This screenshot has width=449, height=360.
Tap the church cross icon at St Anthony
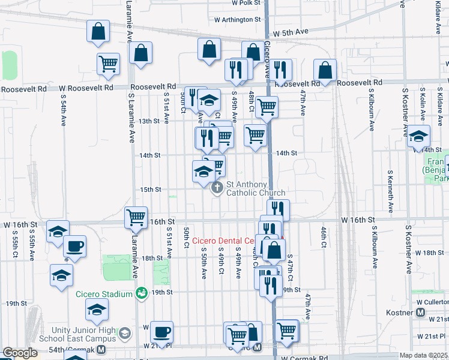(x=217, y=188)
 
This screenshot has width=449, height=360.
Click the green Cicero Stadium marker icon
(x=142, y=293)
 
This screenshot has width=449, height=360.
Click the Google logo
(x=20, y=353)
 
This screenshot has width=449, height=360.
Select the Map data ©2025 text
(x=423, y=355)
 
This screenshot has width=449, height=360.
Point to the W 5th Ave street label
(x=290, y=32)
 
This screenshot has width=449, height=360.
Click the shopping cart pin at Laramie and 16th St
(x=136, y=217)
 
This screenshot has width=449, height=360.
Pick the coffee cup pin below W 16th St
(x=74, y=246)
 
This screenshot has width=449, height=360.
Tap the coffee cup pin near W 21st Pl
(x=161, y=331)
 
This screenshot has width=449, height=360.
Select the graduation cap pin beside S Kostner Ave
(x=418, y=136)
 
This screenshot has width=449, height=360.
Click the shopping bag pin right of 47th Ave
(x=325, y=71)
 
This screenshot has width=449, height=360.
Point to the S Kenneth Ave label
(x=390, y=191)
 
